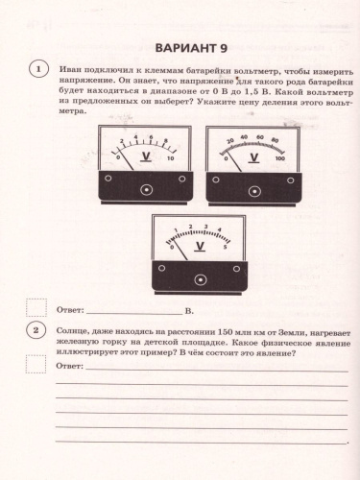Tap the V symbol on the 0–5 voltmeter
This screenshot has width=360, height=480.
[199, 245]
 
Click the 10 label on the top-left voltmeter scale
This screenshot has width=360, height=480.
[171, 158]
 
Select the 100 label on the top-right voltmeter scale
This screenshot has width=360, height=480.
[279, 158]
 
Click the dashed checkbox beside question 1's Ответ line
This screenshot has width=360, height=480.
[36, 308]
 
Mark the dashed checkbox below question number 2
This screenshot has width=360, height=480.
[36, 363]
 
